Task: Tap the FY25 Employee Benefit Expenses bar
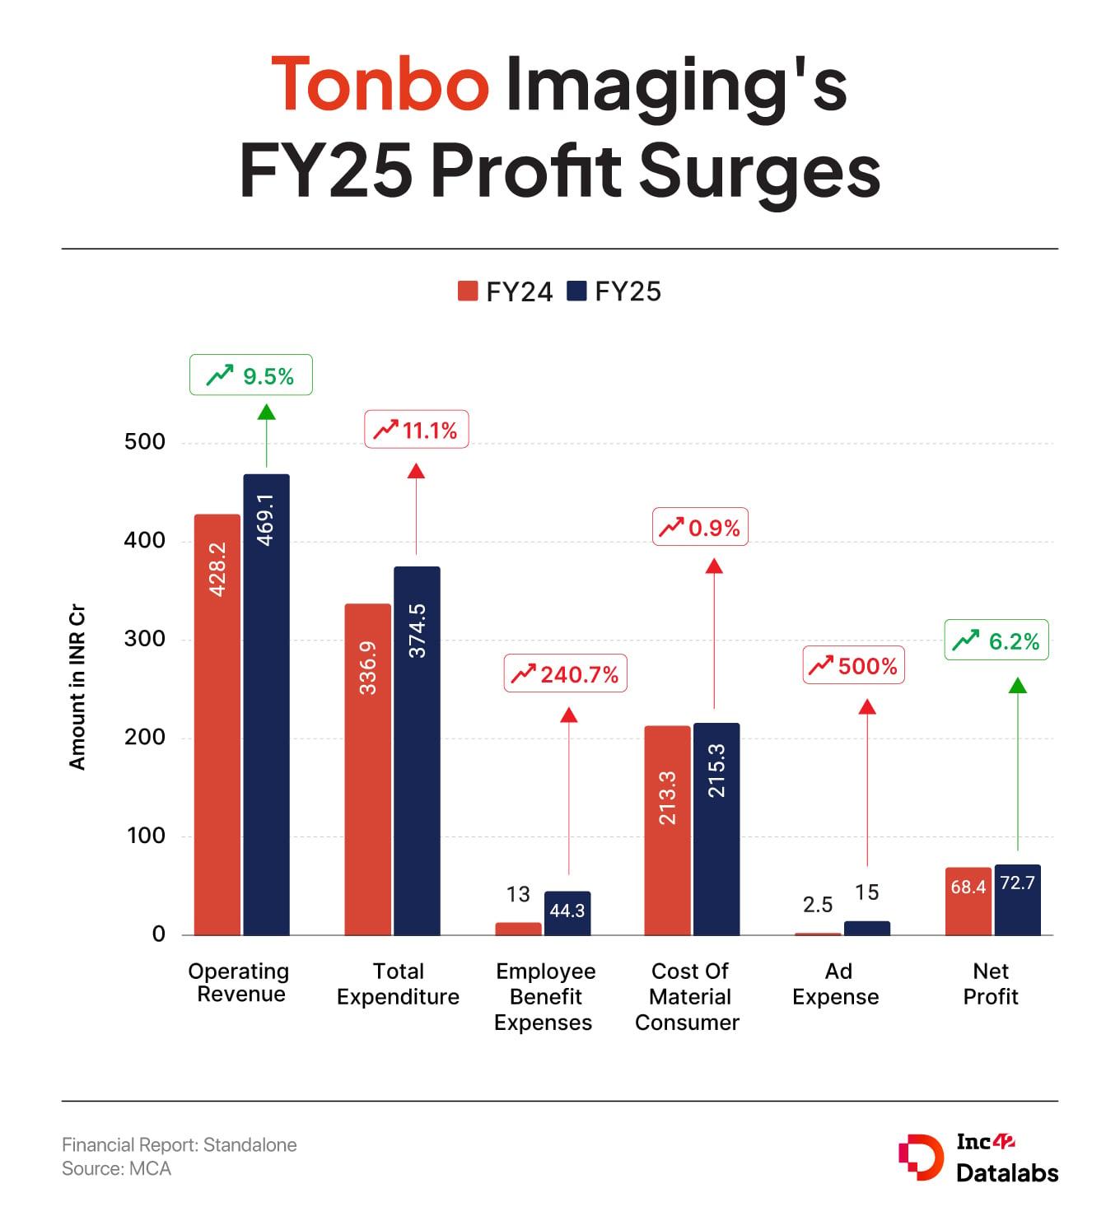coord(567,913)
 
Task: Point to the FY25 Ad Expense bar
coord(867,928)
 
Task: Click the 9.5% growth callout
coord(251,375)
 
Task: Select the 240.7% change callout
coord(565,674)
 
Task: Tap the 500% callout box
coord(854,666)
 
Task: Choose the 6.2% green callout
coord(996,641)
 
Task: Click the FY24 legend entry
coord(506,291)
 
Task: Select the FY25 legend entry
coord(615,291)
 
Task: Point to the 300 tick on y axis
coord(145,639)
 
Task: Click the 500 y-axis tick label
coord(145,442)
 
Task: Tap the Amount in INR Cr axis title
coord(77,688)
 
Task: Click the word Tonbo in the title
coord(380,85)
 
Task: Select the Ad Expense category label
coord(836,984)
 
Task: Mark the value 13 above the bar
coord(518,894)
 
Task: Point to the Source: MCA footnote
coord(117,1168)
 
